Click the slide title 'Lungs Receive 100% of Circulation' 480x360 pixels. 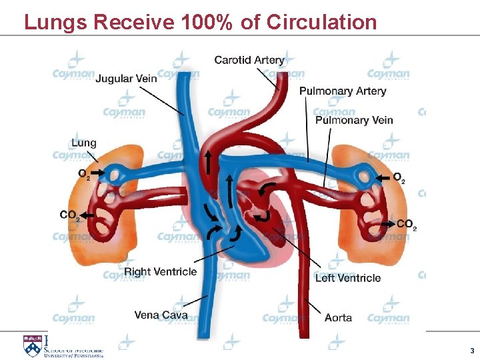[x=200, y=22]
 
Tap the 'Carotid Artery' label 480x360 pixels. [x=249, y=60]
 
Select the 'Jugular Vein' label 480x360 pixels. [x=127, y=78]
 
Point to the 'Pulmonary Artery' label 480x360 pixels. [x=343, y=91]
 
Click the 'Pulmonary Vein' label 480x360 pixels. [x=353, y=120]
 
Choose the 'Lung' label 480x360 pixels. [x=83, y=143]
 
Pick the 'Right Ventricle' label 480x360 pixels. [x=160, y=271]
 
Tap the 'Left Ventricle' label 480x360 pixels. [x=348, y=277]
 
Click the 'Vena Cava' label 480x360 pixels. [x=161, y=315]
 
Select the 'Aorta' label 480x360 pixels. [x=338, y=317]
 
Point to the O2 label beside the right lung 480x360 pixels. [x=398, y=178]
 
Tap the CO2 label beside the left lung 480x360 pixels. [x=69, y=215]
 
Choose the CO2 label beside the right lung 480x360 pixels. [x=406, y=225]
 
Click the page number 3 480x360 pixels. [x=472, y=351]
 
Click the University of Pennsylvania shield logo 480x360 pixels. [x=31, y=346]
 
